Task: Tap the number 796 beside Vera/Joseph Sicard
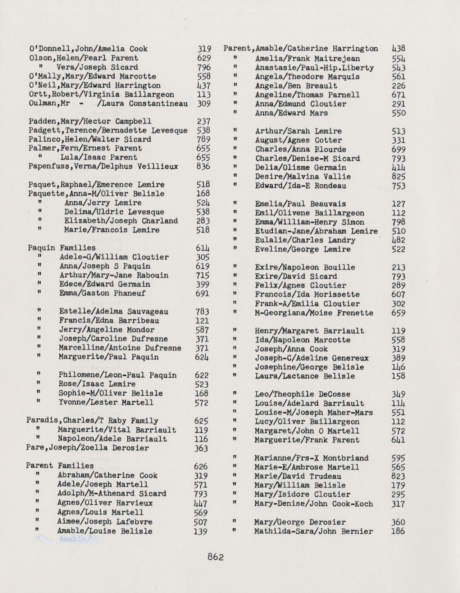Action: click(x=204, y=67)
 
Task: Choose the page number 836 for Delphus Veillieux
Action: click(x=203, y=166)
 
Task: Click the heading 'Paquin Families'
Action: click(x=62, y=248)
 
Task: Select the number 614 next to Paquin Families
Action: click(x=203, y=248)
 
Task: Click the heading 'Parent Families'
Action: click(x=60, y=466)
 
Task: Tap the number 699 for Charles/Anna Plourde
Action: click(x=398, y=150)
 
